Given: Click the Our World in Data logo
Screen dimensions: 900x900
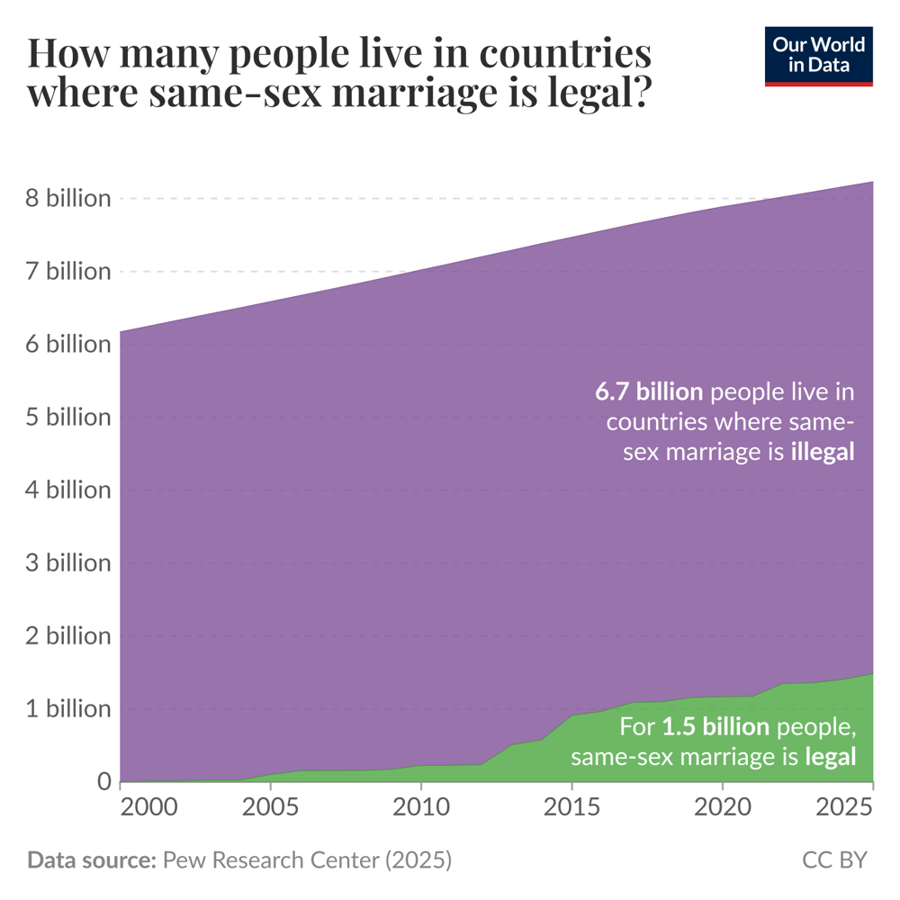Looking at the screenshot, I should pos(818,57).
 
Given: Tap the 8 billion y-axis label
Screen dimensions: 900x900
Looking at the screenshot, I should pos(67,198).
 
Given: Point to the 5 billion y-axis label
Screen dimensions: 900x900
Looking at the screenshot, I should pos(67,418).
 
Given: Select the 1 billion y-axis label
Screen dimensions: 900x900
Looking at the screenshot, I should pos(67,709).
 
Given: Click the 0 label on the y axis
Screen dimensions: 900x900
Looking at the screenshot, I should pos(103,782).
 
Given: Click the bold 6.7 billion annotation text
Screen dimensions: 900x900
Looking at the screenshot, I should pos(649,391).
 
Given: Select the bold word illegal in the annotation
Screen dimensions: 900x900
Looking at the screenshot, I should pos(822,452).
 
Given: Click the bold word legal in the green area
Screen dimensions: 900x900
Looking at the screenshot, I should pos(830,757).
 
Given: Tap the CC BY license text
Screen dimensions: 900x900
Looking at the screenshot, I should pos(834,860).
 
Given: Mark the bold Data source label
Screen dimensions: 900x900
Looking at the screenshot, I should pos(91,860).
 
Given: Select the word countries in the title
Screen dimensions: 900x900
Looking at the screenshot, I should pos(566,54).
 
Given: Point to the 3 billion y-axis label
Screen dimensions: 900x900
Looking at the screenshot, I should pos(67,563).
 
